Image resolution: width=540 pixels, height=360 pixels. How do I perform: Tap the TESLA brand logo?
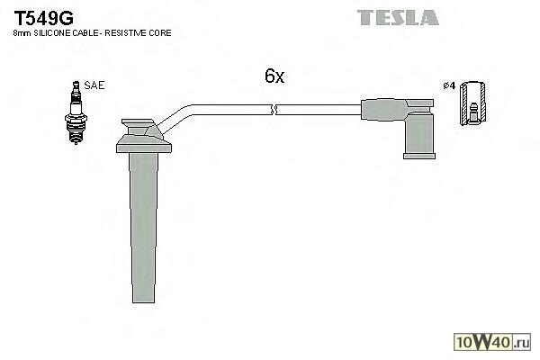coord(397,16)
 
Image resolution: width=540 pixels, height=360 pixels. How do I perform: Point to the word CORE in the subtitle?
coord(161,33)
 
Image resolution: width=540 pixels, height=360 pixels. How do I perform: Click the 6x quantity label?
coord(274,77)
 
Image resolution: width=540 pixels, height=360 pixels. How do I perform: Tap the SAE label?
coord(95,85)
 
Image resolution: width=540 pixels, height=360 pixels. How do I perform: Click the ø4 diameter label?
coord(448,86)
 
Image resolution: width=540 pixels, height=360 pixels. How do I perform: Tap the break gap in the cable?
coord(274,111)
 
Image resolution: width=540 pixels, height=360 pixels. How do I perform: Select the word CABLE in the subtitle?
coord(91,33)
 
